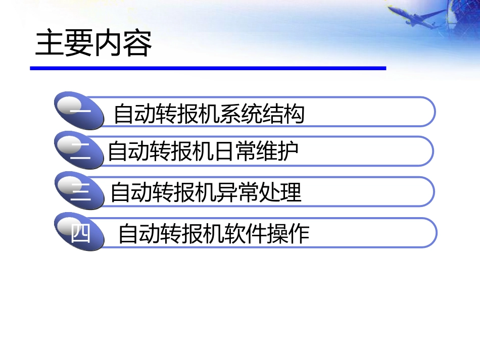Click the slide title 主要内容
(93, 44)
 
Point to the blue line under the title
(208, 68)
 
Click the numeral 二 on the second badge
(80, 150)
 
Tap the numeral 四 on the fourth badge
(81, 233)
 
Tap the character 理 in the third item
(292, 193)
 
